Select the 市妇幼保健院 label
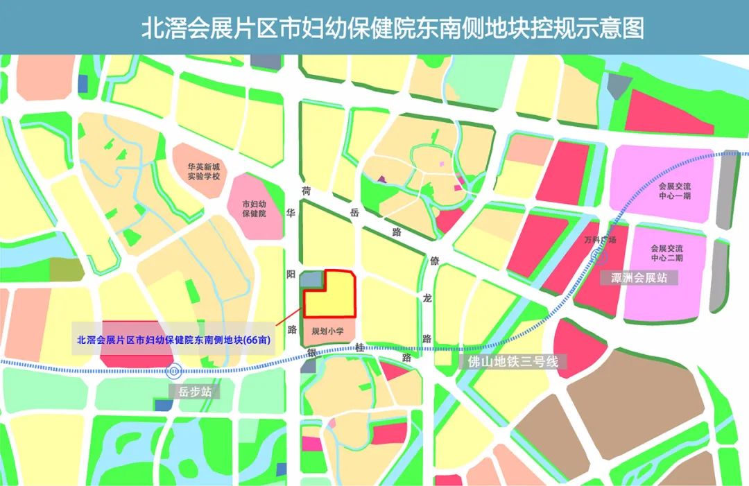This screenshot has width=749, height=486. [x=254, y=209]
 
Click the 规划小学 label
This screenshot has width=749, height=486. [x=327, y=332]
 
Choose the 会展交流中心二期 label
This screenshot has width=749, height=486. [x=666, y=252]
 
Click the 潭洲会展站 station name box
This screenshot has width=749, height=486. [x=639, y=278]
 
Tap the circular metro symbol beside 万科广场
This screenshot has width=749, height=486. [x=596, y=256]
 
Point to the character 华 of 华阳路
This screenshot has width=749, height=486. [x=292, y=215]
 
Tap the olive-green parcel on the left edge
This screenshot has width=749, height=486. [x=60, y=268]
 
